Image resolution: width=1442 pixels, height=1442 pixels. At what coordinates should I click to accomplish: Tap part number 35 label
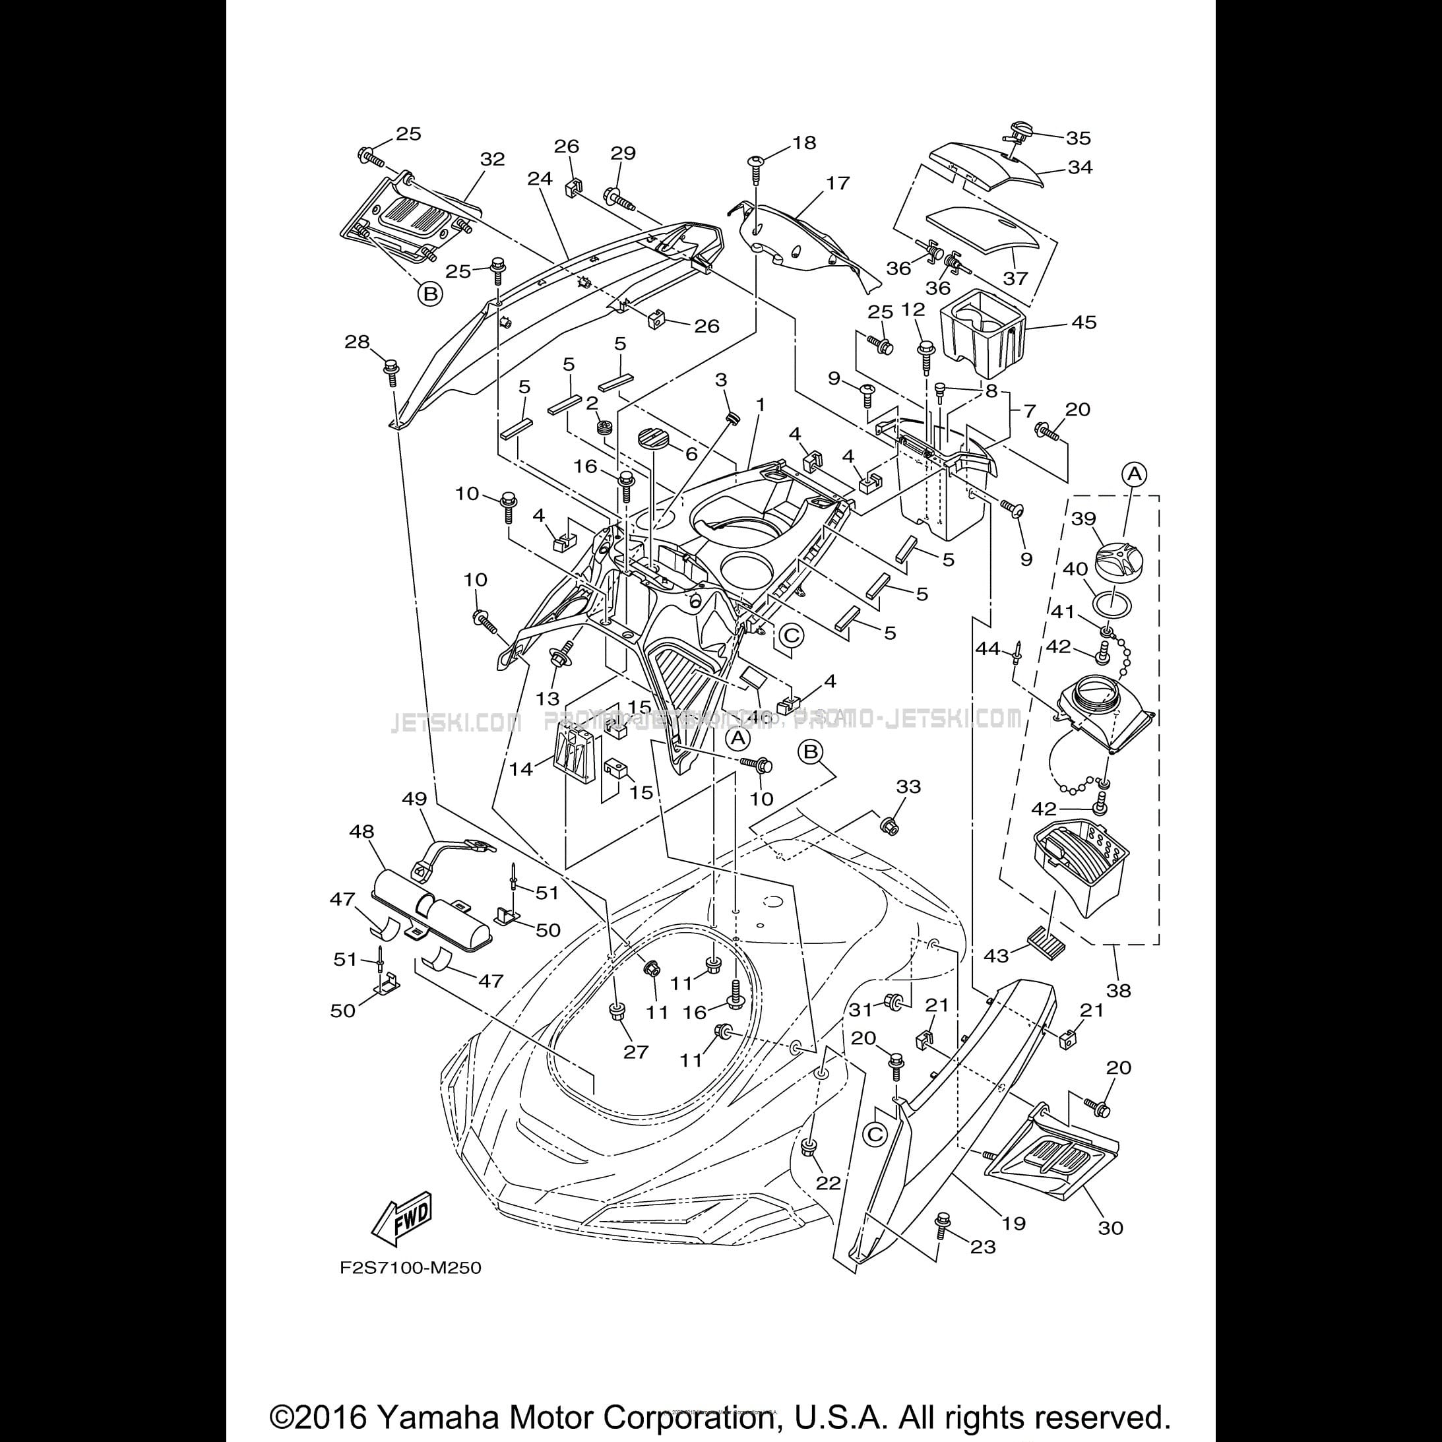pyautogui.click(x=1078, y=138)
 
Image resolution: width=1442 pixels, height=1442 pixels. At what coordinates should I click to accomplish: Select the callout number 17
pyautogui.click(x=838, y=183)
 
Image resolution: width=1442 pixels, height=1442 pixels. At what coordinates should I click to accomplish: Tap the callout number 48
pyautogui.click(x=362, y=831)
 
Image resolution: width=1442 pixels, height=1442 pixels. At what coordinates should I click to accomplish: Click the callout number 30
pyautogui.click(x=1111, y=1228)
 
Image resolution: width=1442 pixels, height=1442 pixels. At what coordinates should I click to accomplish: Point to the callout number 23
pyautogui.click(x=982, y=1247)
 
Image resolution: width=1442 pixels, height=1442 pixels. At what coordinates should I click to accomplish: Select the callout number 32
pyautogui.click(x=492, y=159)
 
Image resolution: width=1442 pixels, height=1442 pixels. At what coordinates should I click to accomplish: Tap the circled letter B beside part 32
pyautogui.click(x=430, y=294)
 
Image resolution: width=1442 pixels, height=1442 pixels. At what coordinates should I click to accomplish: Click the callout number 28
pyautogui.click(x=357, y=342)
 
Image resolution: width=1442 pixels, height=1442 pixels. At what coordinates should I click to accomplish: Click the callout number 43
pyautogui.click(x=997, y=955)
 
